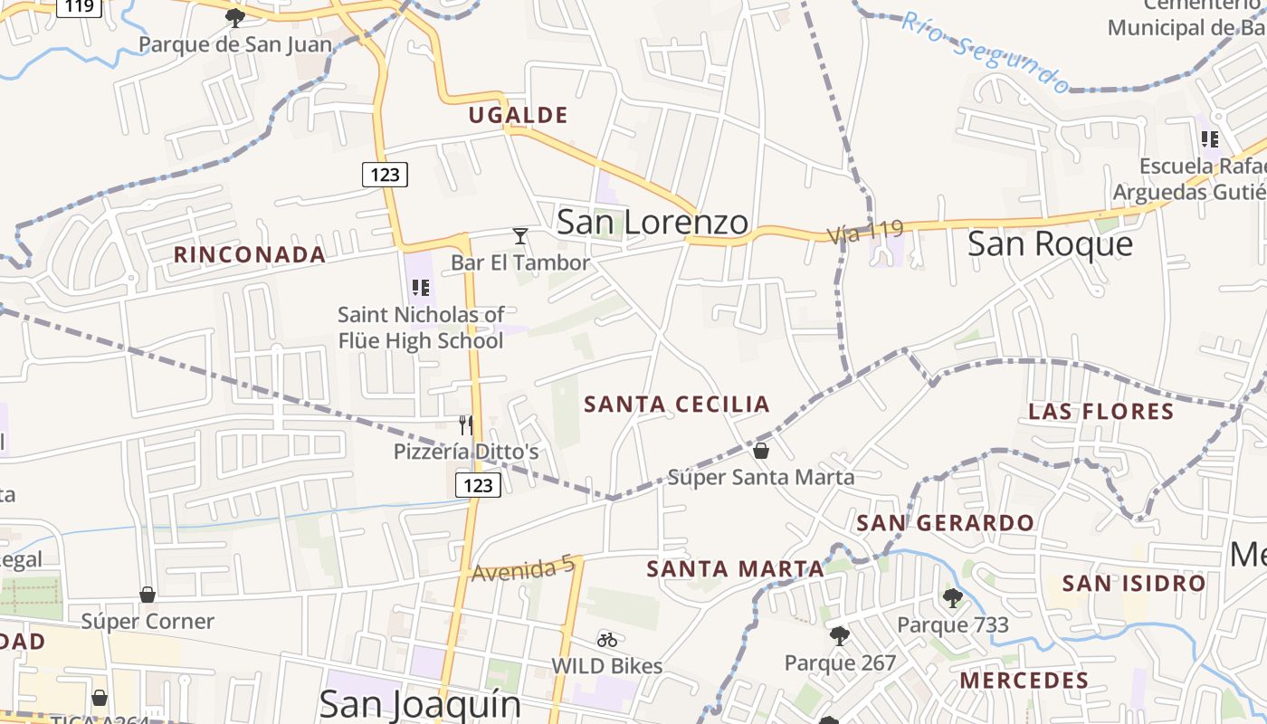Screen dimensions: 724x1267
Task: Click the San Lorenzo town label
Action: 653,223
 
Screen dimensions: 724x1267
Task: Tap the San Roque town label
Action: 1050,243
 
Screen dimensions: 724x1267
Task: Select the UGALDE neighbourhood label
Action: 518,115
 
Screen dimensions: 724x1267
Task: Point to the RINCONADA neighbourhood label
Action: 250,254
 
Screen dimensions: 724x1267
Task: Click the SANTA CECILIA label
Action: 677,405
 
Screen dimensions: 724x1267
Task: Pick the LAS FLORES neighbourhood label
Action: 1100,412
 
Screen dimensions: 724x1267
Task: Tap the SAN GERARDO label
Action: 945,523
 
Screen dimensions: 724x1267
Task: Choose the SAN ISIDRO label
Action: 1134,583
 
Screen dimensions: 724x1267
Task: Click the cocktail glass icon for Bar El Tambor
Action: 520,236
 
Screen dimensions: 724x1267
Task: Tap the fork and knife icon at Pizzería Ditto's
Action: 466,425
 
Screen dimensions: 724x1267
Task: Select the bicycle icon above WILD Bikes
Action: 607,640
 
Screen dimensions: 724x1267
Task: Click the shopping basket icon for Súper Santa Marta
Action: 761,450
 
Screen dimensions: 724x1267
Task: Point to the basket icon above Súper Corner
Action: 148,595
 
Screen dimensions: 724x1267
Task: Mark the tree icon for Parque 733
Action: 952,597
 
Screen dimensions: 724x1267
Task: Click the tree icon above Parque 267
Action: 840,636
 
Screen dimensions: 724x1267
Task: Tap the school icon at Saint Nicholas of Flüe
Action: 421,288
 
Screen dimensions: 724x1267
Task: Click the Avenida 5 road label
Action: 523,569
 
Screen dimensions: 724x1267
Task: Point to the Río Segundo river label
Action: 986,52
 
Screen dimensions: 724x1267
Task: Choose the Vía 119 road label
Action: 865,233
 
